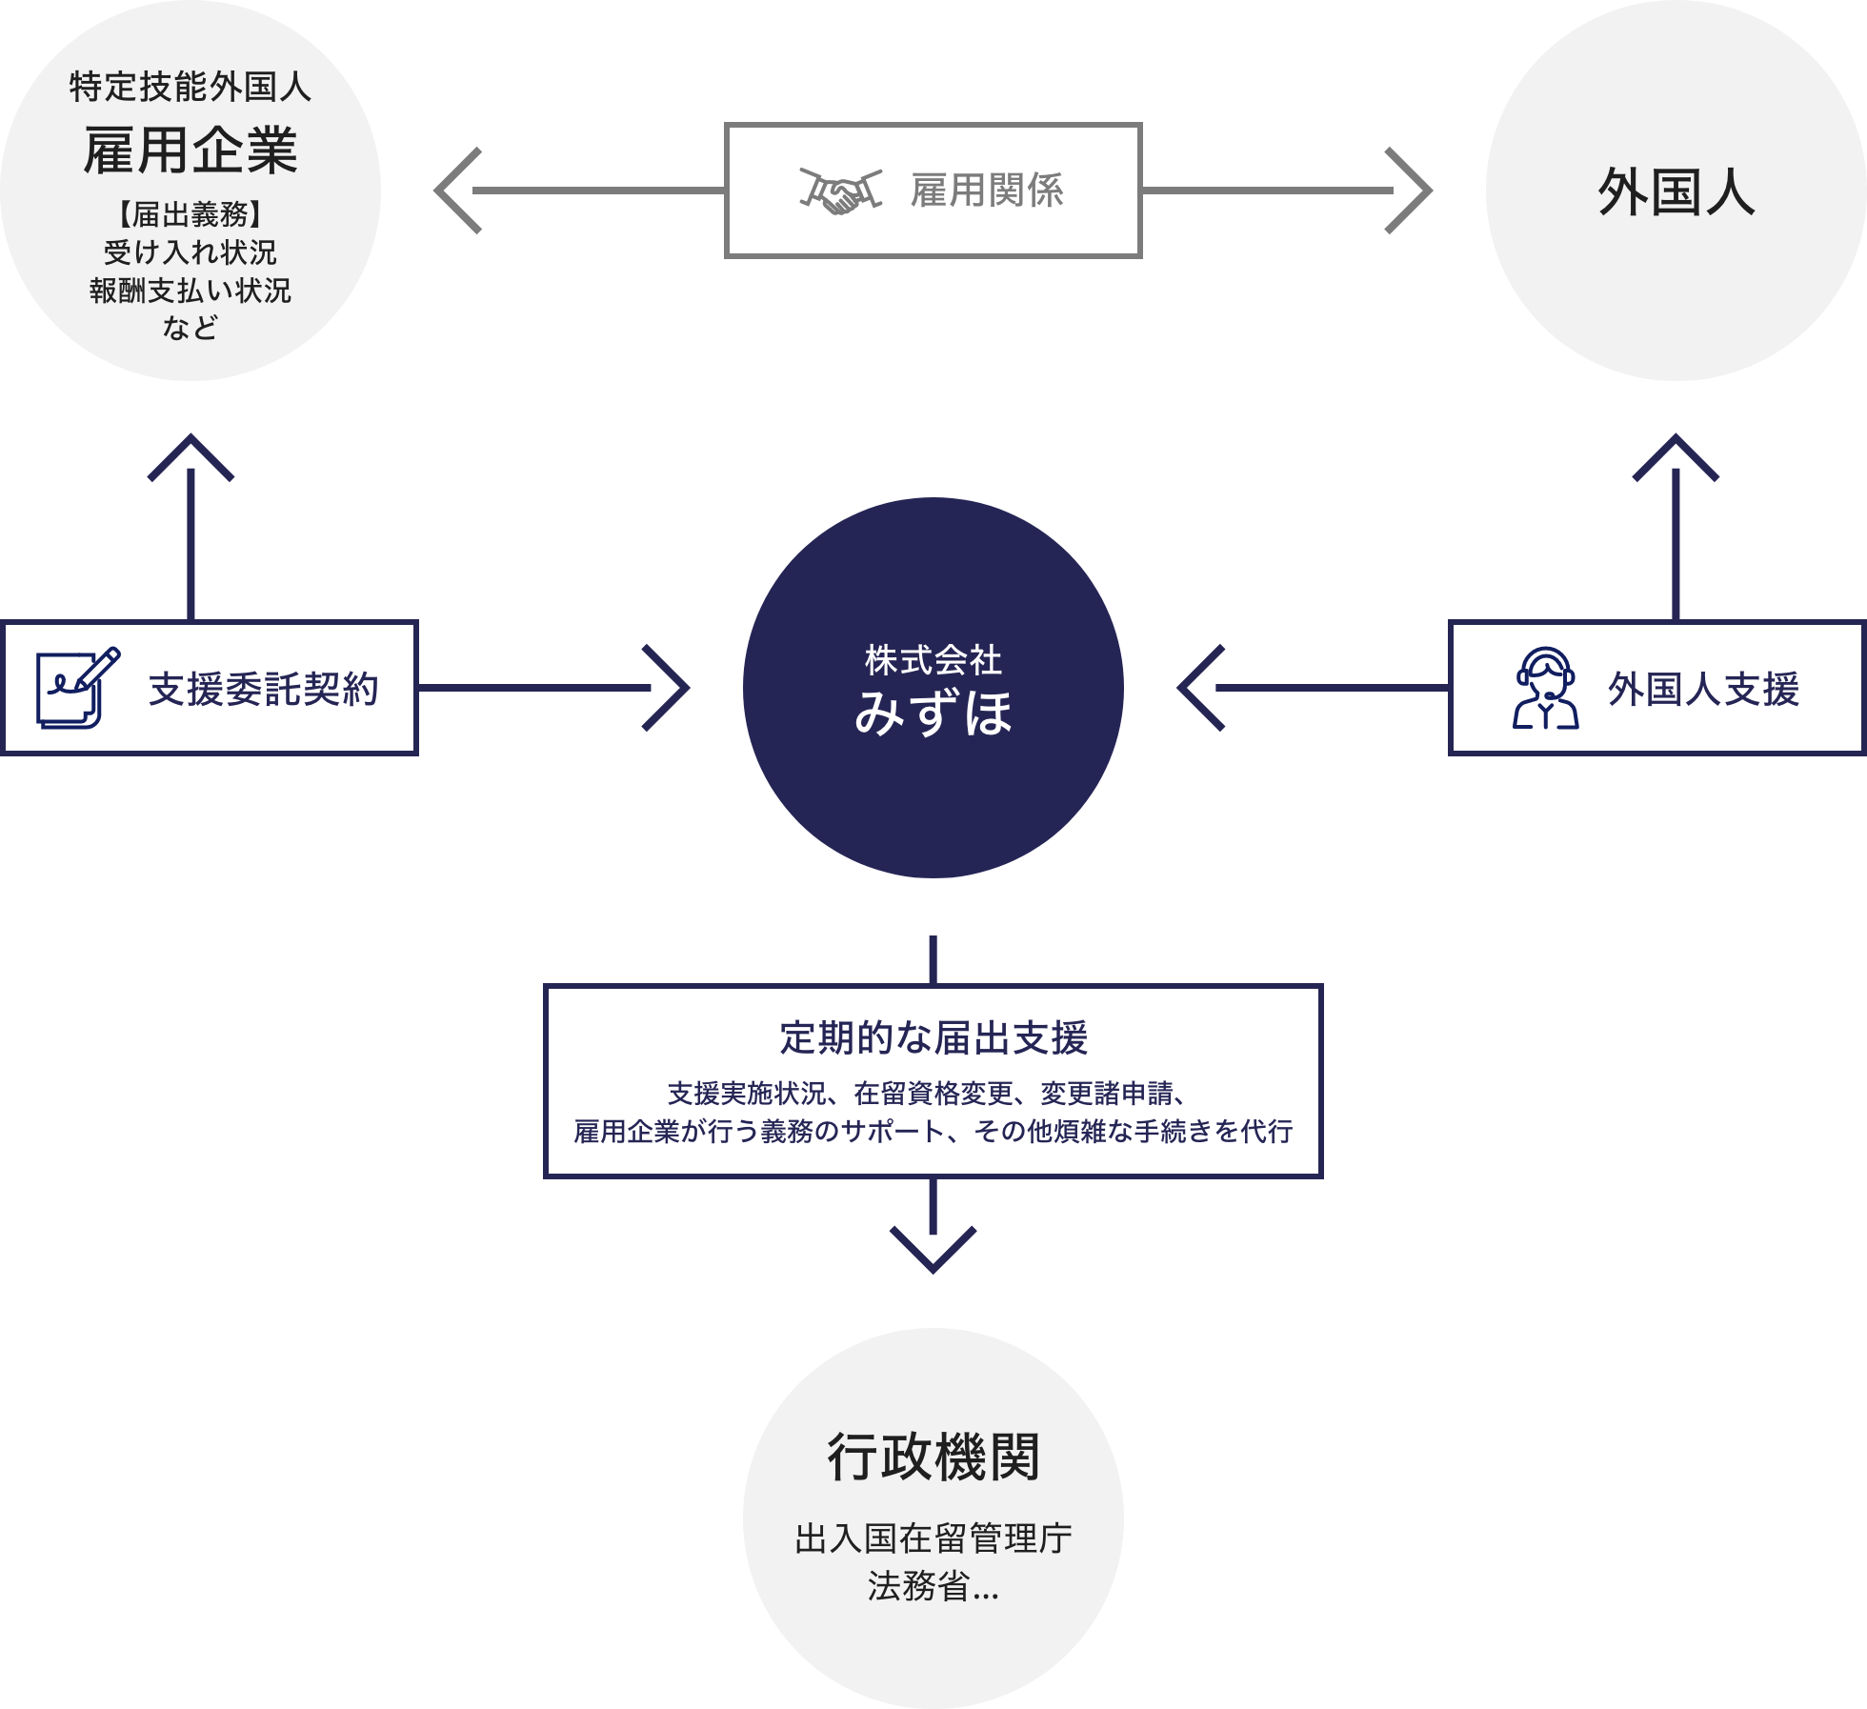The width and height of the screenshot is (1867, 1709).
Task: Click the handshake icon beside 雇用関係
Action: point(840,191)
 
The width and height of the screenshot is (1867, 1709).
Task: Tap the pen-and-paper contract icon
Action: point(77,688)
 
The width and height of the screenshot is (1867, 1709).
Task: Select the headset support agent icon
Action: point(1545,688)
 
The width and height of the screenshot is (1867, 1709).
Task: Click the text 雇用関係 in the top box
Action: point(987,191)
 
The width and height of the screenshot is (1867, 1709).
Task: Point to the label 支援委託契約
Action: point(264,689)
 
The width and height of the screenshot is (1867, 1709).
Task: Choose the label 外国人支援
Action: point(1703,689)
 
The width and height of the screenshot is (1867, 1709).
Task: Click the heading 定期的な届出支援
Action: point(933,1037)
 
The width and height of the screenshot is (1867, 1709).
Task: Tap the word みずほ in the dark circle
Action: point(933,713)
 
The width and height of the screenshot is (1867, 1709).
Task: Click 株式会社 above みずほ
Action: point(933,659)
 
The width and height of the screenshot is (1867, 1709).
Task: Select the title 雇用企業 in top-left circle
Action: point(191,151)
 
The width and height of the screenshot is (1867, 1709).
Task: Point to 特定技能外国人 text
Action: point(191,87)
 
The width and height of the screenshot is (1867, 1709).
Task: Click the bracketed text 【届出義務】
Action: point(191,214)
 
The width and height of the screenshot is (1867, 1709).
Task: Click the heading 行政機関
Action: point(933,1457)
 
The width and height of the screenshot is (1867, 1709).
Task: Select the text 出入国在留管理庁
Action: point(933,1538)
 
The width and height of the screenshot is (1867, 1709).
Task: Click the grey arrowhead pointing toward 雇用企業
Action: point(455,191)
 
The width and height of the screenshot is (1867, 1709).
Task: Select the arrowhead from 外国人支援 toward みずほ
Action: point(1197,688)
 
